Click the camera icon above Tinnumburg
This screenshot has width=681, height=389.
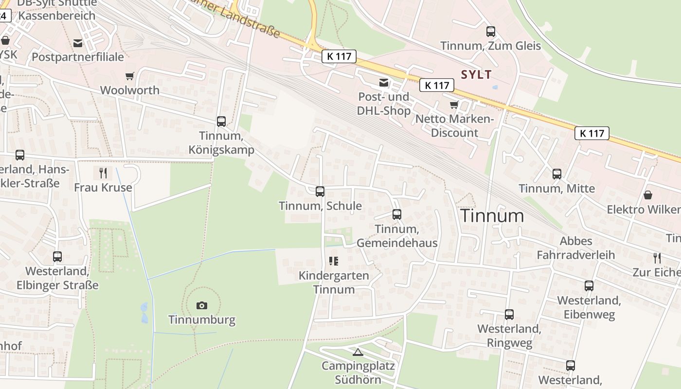[x=201, y=305]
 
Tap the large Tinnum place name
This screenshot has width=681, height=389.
[x=492, y=215]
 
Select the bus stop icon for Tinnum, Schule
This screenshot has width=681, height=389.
[x=320, y=192]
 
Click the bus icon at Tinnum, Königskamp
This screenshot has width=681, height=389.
[x=221, y=122]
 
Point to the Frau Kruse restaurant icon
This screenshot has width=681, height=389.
[x=103, y=173]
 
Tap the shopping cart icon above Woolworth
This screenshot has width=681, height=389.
[x=129, y=76]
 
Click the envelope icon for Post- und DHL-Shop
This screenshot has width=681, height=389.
[x=384, y=83]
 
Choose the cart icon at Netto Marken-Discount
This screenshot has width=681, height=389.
[x=454, y=105]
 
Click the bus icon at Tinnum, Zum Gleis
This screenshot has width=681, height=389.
[x=491, y=32]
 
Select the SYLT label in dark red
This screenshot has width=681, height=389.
[x=476, y=74]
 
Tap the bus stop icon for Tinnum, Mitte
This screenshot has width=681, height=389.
[x=557, y=174]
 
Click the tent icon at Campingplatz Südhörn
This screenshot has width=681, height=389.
[x=358, y=352]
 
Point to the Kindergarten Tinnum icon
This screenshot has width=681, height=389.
[x=333, y=261]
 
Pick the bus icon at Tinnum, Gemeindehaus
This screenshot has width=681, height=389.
[x=397, y=214]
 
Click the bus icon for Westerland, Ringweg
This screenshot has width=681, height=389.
[x=509, y=315]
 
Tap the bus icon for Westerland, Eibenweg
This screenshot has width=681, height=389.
[x=589, y=286]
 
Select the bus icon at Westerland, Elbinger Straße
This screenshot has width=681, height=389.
[x=57, y=257]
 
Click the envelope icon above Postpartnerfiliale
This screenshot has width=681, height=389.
[x=78, y=43]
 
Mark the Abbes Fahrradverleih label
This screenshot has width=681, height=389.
[x=576, y=248]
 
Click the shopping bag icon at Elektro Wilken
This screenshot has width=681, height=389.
[x=648, y=195]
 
